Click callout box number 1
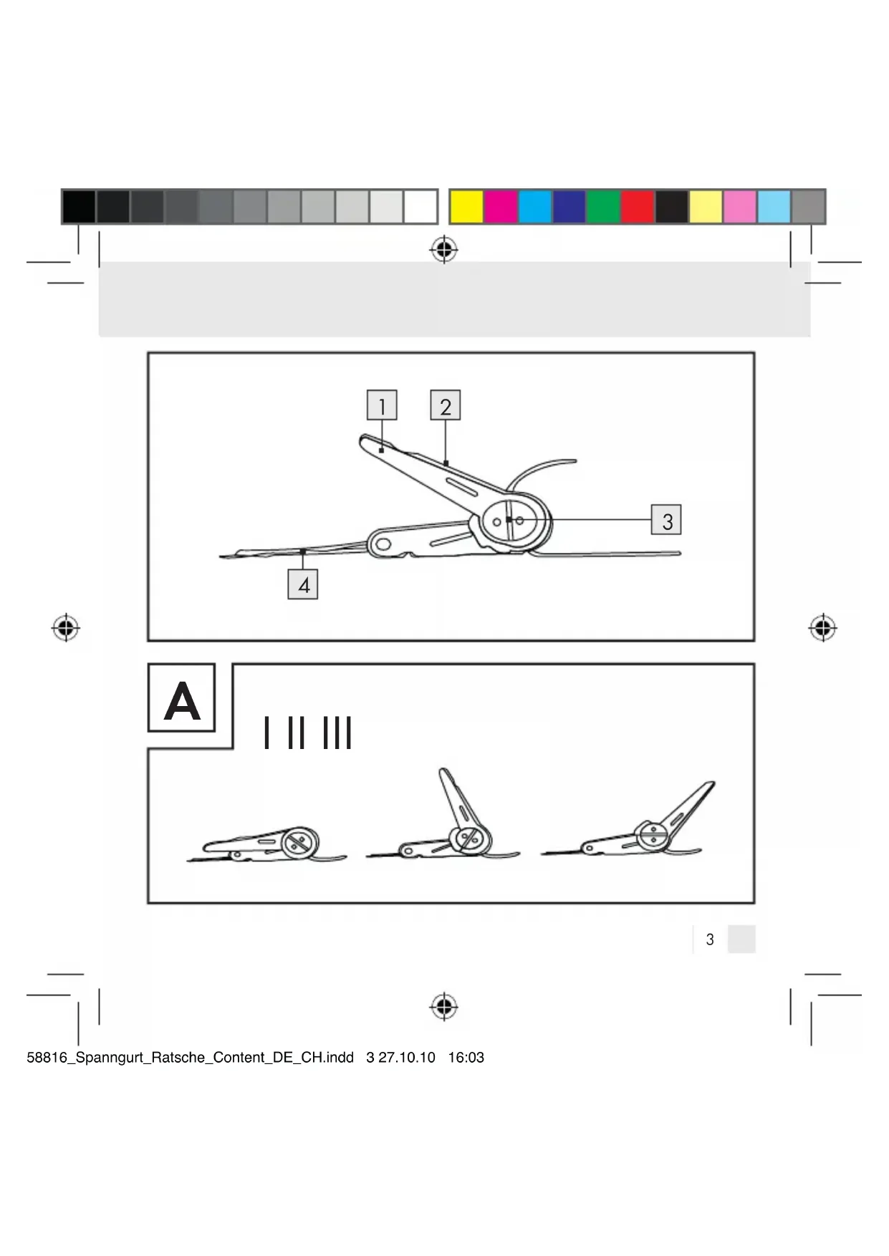pos(382,405)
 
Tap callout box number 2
pos(445,405)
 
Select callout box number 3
pos(666,520)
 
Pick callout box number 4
pos(303,584)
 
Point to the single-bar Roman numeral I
pos(266,733)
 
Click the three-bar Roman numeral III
pos(337,733)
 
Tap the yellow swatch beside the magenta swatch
pos(466,207)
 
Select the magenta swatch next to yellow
pos(500,207)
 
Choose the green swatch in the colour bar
pos(603,207)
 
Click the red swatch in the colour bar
pos(638,207)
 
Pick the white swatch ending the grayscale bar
pos(421,207)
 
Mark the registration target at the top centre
pos(444,250)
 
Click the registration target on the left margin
pos(66,628)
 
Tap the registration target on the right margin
pos(823,628)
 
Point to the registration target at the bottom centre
pos(444,1007)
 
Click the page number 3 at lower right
pos(710,939)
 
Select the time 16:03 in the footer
pos(466,1058)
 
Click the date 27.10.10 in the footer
pos(407,1058)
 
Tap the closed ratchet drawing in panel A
pos(266,845)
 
